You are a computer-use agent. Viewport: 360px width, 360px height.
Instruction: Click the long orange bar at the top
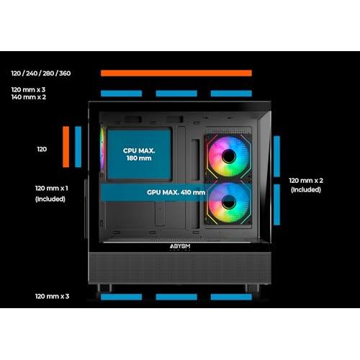pos(176,73)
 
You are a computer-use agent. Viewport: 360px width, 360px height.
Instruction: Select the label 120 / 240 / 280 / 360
pos(41,73)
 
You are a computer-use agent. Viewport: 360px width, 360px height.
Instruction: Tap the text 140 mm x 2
pos(29,97)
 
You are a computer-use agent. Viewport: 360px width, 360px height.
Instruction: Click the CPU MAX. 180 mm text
pos(139,154)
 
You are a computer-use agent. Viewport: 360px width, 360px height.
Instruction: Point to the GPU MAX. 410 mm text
pos(176,192)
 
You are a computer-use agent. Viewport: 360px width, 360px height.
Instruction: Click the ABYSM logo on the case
pos(180,246)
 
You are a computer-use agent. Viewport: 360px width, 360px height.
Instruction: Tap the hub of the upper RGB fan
pos(229,156)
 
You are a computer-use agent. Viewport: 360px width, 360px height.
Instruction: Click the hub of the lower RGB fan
pos(229,202)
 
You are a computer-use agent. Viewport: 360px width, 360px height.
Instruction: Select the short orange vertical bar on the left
pos(66,147)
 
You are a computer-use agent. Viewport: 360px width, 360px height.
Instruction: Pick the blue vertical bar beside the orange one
pos(78,147)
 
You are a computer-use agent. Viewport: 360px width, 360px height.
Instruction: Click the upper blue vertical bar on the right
pos(276,156)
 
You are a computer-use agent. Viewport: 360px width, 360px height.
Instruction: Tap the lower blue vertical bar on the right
pos(276,204)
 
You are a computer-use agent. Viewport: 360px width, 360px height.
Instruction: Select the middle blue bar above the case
pos(176,94)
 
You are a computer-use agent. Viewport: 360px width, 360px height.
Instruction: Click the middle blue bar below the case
pos(176,297)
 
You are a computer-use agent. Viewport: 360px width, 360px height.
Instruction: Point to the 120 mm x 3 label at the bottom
pos(52,297)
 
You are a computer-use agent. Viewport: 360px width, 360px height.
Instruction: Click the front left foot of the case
pos(104,288)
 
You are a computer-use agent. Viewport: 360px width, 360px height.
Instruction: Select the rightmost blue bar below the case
pos(231,297)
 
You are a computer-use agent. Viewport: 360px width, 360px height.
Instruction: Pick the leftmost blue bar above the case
pos(121,94)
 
